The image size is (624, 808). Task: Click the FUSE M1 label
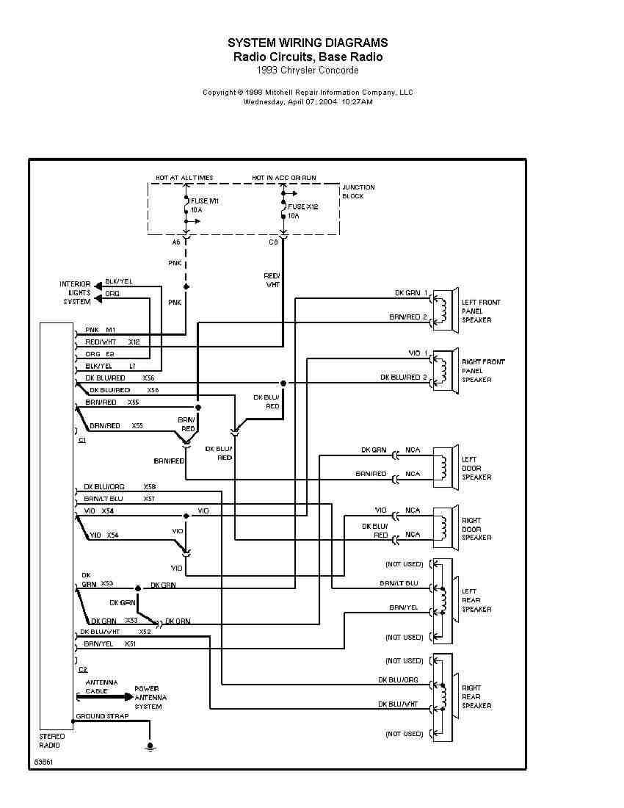[x=205, y=201]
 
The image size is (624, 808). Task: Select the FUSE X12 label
[x=302, y=207]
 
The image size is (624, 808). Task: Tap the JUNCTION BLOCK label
[x=358, y=192]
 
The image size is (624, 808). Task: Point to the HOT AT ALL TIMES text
[x=184, y=178]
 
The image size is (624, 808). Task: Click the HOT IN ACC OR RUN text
[x=284, y=178]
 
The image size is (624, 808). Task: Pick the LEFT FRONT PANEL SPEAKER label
[x=481, y=311]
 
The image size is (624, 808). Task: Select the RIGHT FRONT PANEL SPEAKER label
[x=483, y=370]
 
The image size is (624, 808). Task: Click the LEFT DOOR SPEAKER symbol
[x=445, y=466]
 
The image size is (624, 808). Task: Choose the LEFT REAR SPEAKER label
[x=476, y=600]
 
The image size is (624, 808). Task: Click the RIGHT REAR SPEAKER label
[x=476, y=697]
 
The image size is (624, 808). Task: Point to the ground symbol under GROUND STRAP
[x=150, y=746]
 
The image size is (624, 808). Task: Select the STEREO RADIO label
[x=51, y=740]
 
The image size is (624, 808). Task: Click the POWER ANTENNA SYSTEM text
[x=150, y=697]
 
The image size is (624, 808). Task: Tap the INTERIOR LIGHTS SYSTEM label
[x=76, y=292]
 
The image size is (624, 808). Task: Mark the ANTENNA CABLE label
[x=96, y=687]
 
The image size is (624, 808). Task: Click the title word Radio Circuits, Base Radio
[x=308, y=57]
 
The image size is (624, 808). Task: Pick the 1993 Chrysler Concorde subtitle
[x=308, y=71]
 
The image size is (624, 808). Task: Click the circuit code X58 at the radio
[x=150, y=486]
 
